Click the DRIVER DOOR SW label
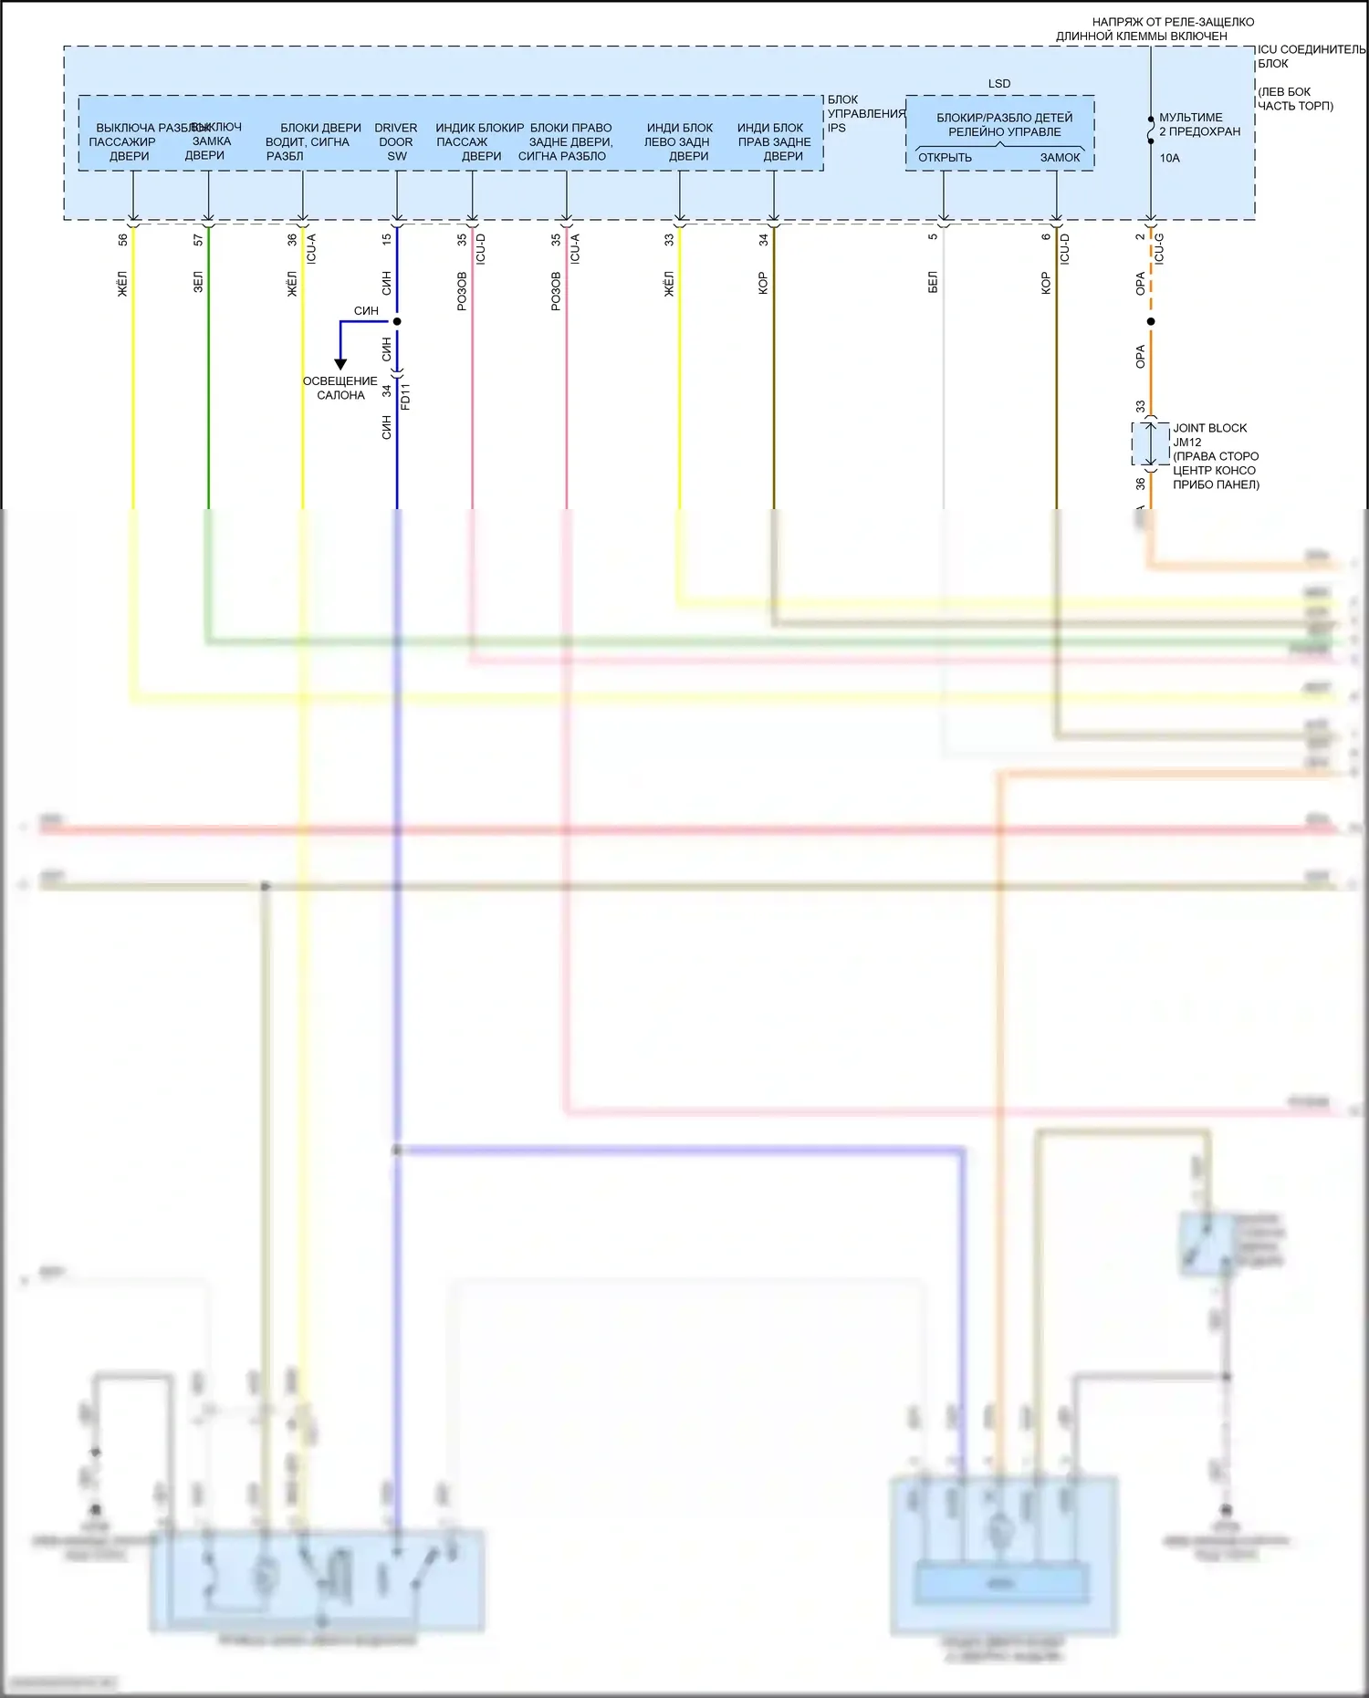(x=396, y=141)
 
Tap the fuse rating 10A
(x=1169, y=158)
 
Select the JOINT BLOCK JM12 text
(x=1209, y=435)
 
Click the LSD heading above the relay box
(x=999, y=84)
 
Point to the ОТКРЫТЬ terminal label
(x=945, y=158)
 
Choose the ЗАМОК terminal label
(x=1060, y=158)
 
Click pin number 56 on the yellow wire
(x=123, y=240)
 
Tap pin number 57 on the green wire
(x=198, y=240)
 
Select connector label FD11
(x=405, y=396)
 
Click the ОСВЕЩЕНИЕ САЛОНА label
(x=340, y=388)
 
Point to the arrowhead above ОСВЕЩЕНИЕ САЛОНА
(x=340, y=364)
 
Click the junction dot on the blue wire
(x=397, y=321)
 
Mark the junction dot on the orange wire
(x=1151, y=321)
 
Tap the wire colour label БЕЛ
(x=933, y=282)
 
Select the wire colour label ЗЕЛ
(x=198, y=282)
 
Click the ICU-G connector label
(x=1159, y=248)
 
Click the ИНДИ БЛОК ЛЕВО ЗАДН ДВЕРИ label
(x=678, y=141)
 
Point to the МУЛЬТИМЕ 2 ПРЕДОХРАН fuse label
(x=1199, y=124)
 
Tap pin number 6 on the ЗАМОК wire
(x=1046, y=237)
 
